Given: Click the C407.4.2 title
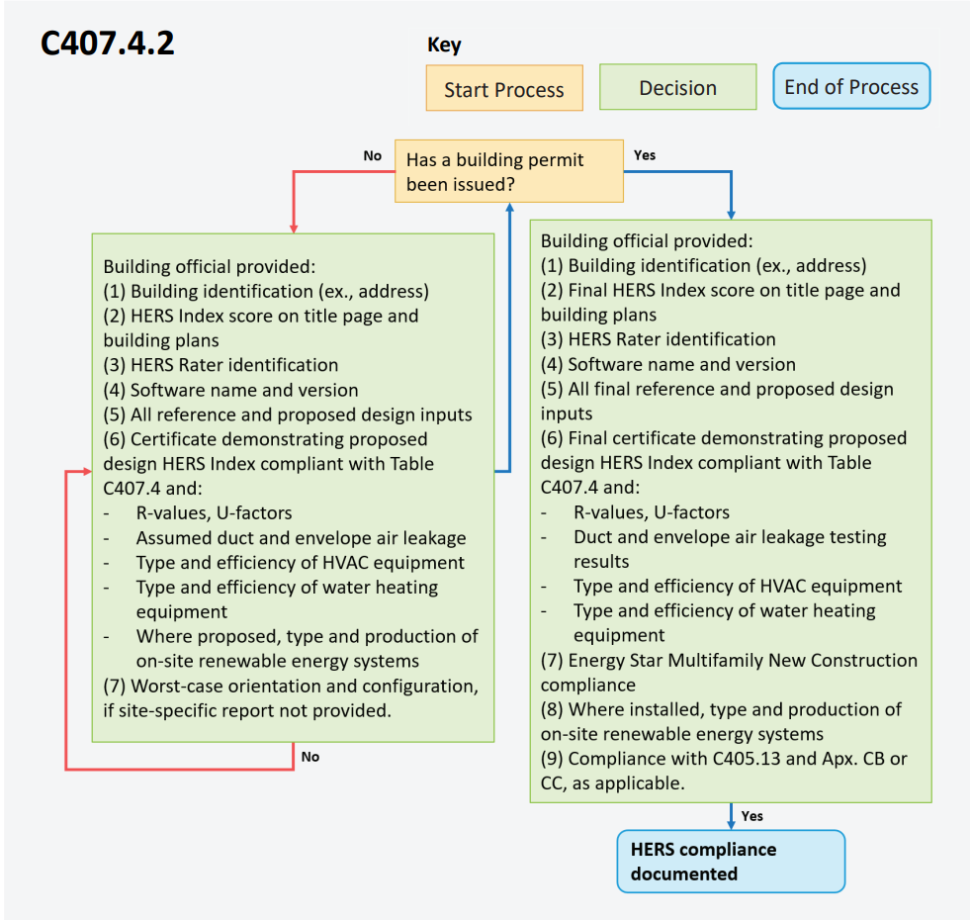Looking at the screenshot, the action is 107,44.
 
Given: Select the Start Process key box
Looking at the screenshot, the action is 504,88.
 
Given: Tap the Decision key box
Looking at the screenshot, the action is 677,87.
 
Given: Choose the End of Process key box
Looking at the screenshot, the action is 851,86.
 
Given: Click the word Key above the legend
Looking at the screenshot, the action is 444,45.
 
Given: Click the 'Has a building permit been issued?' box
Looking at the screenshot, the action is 509,171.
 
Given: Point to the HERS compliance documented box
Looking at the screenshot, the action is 731,862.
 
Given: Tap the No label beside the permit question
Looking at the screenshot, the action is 372,155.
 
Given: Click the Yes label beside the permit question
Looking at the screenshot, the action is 644,155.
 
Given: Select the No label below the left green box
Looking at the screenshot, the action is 310,757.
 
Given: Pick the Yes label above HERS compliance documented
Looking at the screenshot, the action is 751,816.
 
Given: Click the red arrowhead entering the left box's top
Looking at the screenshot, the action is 294,229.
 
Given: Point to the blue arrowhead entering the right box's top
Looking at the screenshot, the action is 731,215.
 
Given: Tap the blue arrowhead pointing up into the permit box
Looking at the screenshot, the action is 509,208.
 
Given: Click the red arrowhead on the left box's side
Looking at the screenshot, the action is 87,472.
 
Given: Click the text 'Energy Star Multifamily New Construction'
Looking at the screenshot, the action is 743,661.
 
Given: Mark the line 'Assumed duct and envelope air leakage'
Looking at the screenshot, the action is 301,538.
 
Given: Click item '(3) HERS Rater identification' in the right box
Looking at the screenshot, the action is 659,339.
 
